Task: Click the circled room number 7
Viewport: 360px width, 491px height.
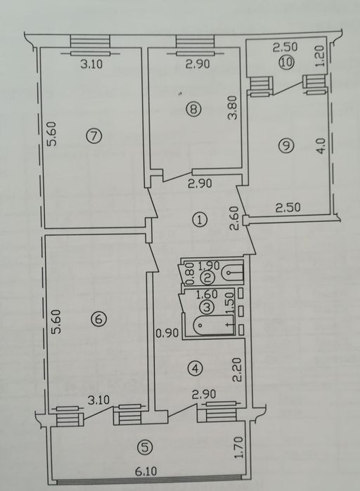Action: (94, 136)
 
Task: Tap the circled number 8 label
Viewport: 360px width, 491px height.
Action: (193, 109)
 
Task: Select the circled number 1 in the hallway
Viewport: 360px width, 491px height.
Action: (200, 219)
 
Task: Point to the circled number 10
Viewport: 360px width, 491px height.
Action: (286, 63)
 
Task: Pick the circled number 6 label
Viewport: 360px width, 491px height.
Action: (98, 319)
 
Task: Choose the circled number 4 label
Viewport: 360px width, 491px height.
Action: (195, 368)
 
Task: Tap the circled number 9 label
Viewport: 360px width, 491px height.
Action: (286, 145)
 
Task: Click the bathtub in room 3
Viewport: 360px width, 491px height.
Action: (212, 326)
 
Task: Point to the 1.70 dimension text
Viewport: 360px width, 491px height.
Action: (239, 447)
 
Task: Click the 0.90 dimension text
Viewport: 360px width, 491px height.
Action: (167, 333)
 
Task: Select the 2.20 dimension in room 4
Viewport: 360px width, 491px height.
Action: (238, 370)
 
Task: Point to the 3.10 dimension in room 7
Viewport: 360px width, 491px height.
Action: (91, 65)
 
